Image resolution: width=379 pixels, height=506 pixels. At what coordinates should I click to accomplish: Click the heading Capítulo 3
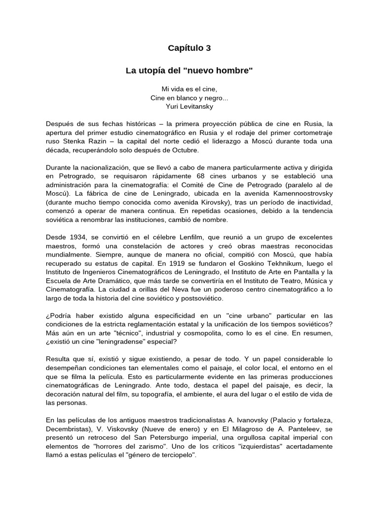189,48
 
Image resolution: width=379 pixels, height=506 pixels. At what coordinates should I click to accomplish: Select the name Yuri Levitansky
189,106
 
